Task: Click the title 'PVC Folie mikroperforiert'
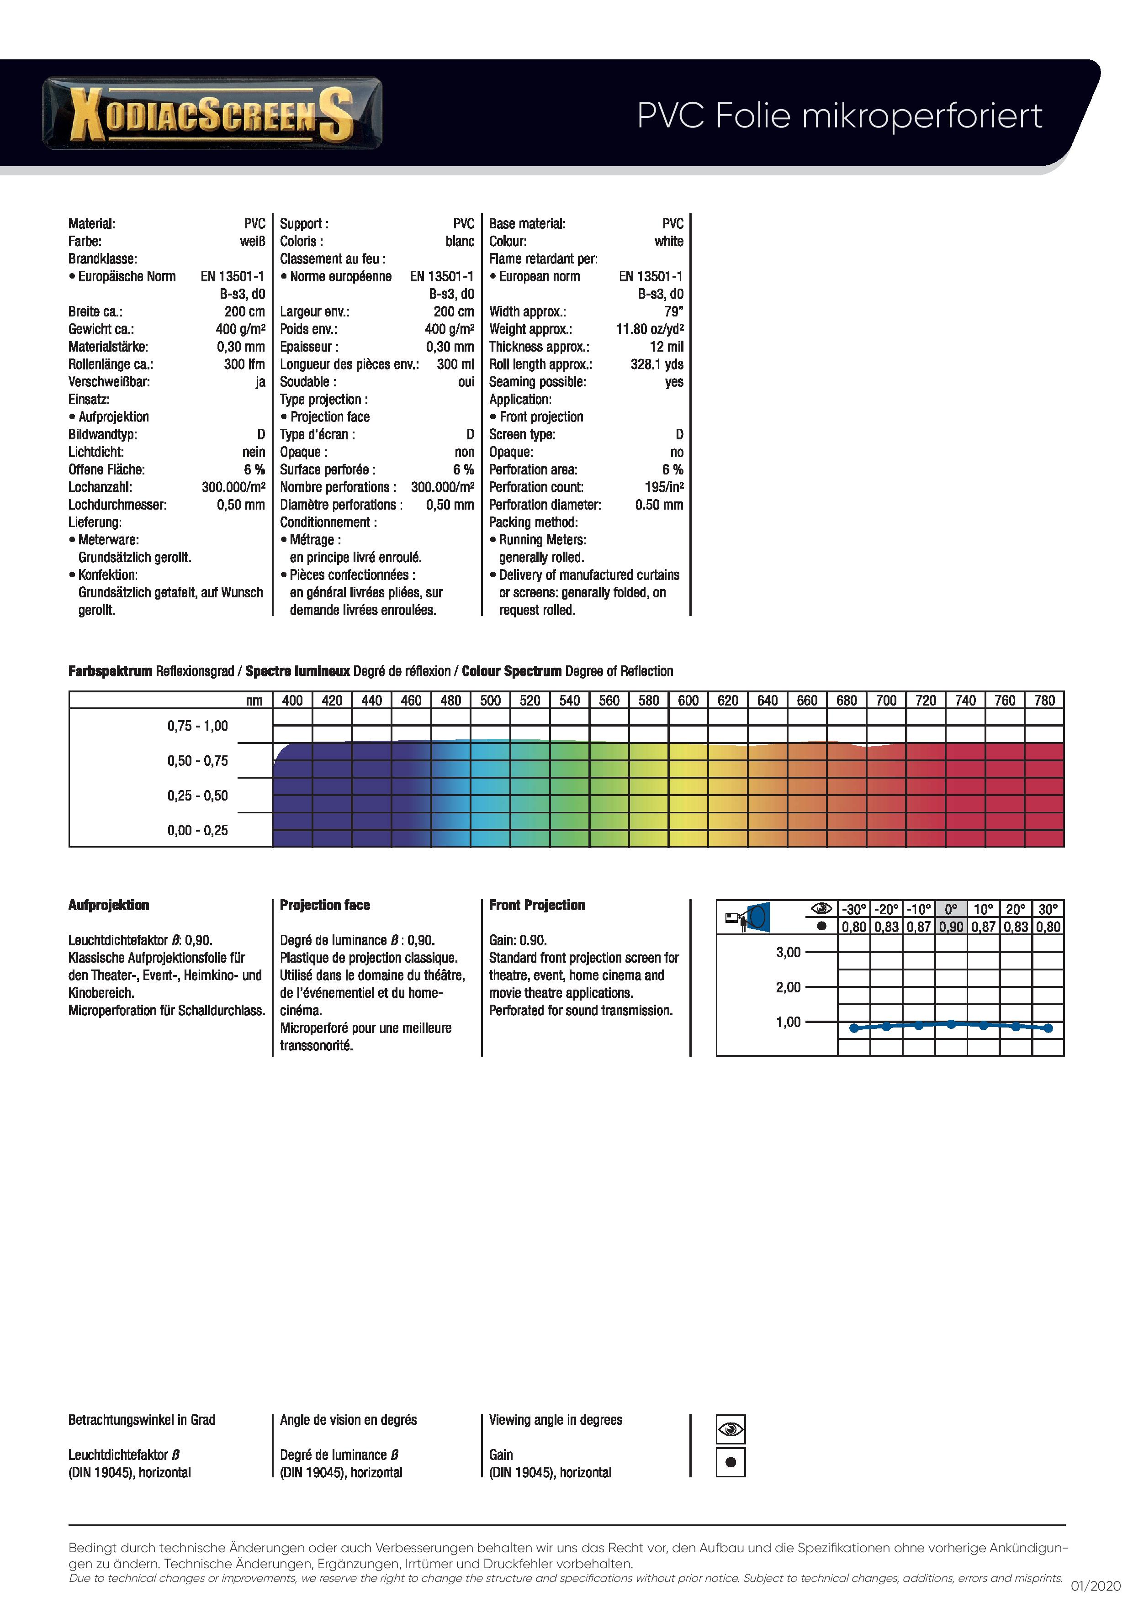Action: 839,116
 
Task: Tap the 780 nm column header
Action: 1044,700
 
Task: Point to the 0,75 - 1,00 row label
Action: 197,726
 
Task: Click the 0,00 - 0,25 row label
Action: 197,830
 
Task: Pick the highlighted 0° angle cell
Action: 951,909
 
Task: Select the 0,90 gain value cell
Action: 951,927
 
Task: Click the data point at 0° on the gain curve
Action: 951,1023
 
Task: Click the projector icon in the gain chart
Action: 747,917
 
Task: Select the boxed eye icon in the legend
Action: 730,1429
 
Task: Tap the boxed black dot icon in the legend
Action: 730,1462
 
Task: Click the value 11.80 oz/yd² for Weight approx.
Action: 649,329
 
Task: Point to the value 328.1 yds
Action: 656,364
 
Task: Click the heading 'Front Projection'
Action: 537,905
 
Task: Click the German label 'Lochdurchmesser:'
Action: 117,505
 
